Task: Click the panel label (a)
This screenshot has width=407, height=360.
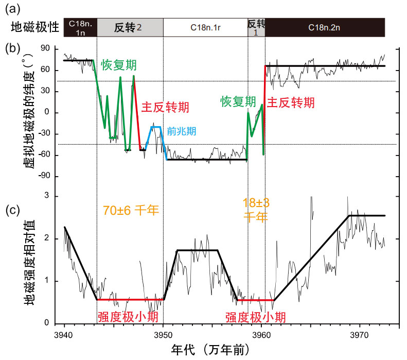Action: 12,7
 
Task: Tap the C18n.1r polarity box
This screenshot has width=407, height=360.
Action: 205,27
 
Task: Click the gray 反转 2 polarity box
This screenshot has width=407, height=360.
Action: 130,27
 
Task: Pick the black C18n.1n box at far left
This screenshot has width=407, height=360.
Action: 80,27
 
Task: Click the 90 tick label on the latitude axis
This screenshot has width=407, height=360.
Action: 51,48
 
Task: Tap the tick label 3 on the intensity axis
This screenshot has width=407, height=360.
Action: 54,196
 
